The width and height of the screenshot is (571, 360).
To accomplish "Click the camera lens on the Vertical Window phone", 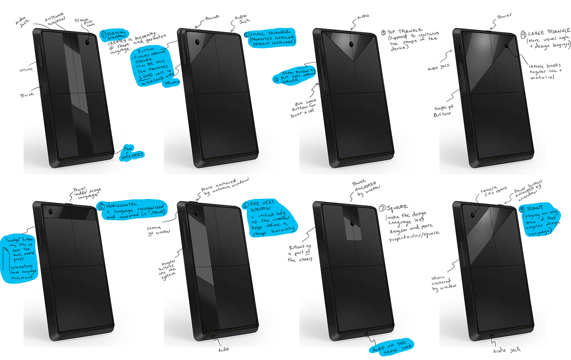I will [87, 42].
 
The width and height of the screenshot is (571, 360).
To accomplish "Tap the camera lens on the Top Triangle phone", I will [351, 44].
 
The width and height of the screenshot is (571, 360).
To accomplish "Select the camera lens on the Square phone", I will [352, 223].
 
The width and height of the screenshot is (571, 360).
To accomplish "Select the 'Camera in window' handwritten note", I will [157, 230].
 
